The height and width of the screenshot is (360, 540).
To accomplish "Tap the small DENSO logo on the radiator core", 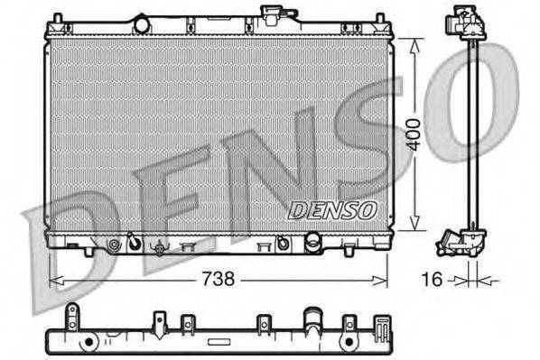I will click(332, 209).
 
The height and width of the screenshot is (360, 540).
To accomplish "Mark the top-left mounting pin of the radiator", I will click(57, 18).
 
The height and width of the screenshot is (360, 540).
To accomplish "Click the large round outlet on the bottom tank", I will click(313, 243).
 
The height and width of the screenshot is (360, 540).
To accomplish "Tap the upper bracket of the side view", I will click(467, 23).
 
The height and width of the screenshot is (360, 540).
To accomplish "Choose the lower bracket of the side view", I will click(462, 241).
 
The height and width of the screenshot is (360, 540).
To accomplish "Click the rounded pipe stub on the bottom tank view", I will click(312, 320).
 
